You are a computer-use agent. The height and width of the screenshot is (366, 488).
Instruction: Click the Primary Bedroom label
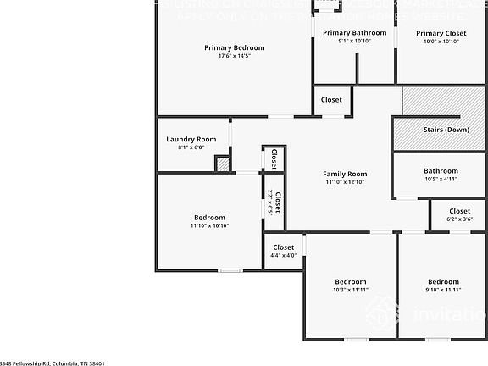click(234, 47)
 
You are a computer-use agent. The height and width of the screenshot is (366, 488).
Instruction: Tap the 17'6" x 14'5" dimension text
click(234, 56)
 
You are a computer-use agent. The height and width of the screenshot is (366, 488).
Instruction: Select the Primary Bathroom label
click(354, 32)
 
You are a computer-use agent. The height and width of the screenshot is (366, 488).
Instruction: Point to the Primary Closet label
click(441, 32)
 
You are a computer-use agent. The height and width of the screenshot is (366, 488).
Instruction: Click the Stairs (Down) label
click(446, 130)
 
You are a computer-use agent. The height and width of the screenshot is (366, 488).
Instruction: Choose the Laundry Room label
click(191, 139)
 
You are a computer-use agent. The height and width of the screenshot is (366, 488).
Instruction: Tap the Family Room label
click(345, 174)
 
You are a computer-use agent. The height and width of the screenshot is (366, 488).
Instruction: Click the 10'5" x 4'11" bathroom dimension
click(441, 179)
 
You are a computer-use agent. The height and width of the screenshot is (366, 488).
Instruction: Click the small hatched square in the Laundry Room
click(223, 164)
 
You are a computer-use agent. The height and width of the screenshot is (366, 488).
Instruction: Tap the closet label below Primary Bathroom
click(331, 100)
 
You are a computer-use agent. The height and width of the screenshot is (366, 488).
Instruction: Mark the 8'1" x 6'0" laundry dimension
click(191, 147)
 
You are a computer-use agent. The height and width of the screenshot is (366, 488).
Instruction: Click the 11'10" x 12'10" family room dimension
click(345, 182)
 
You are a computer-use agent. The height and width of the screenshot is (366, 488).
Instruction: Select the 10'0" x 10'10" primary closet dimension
click(441, 41)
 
